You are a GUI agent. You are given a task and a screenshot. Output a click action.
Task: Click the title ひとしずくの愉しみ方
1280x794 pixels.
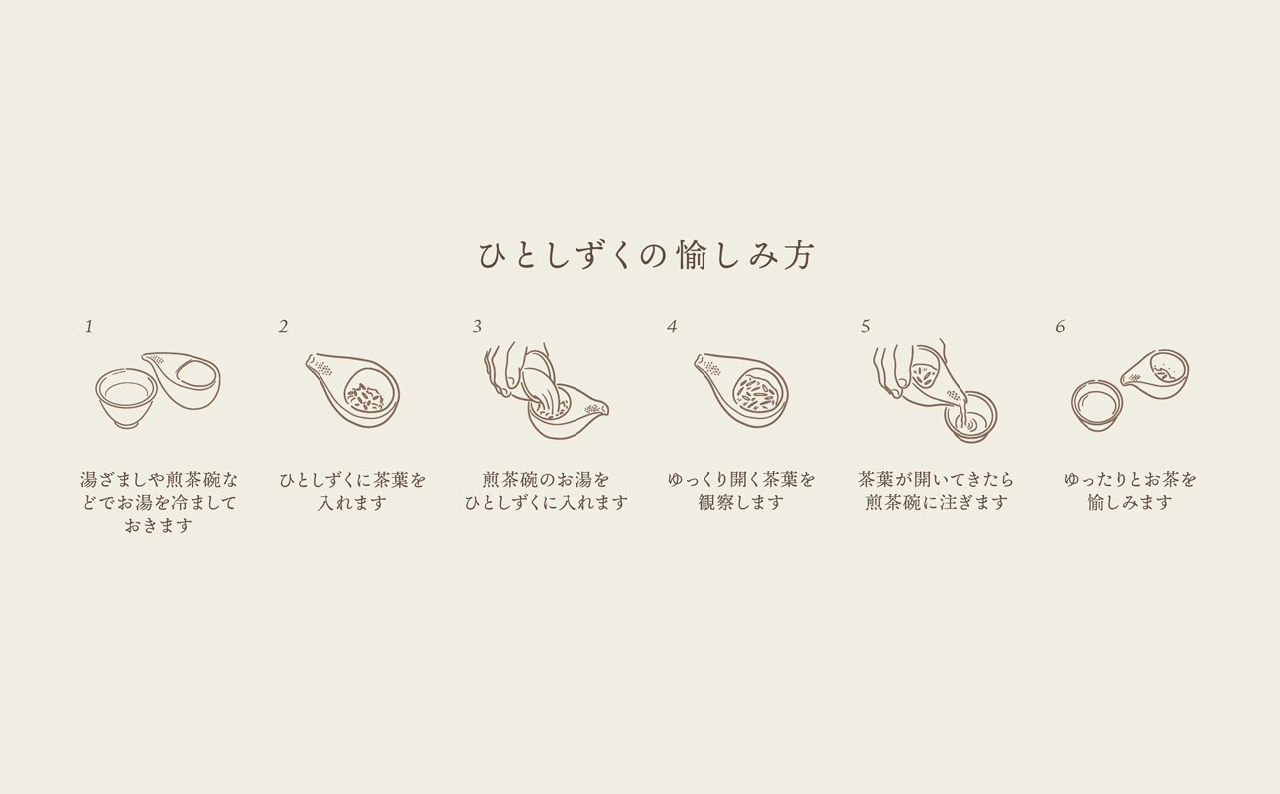tap(646, 256)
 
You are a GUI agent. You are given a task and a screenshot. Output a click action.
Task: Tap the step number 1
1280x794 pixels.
tap(89, 327)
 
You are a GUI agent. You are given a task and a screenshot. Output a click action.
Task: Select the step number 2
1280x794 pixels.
tap(283, 327)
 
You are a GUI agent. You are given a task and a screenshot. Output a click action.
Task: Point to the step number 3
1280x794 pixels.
tap(477, 327)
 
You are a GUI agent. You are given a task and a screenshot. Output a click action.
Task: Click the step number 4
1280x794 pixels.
tap(672, 327)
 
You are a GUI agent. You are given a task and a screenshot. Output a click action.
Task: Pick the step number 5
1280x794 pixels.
tap(865, 327)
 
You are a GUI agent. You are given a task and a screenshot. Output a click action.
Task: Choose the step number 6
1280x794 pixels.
tap(1060, 327)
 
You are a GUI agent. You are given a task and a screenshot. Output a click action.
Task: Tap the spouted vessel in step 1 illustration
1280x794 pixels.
tap(189, 380)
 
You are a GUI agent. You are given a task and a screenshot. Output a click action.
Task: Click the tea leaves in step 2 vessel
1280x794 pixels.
tap(365, 397)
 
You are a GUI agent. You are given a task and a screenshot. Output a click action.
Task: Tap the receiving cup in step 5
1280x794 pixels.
tap(970, 416)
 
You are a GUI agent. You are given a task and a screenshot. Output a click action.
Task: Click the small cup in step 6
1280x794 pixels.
tap(1096, 406)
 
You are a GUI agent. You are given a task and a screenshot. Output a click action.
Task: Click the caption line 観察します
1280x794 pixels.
tap(741, 503)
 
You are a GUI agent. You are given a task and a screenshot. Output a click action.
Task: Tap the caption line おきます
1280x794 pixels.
tap(159, 526)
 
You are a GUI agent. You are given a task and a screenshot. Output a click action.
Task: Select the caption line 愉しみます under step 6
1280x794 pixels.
tap(1129, 503)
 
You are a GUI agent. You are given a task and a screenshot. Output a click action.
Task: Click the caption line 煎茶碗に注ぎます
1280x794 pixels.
tap(936, 503)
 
